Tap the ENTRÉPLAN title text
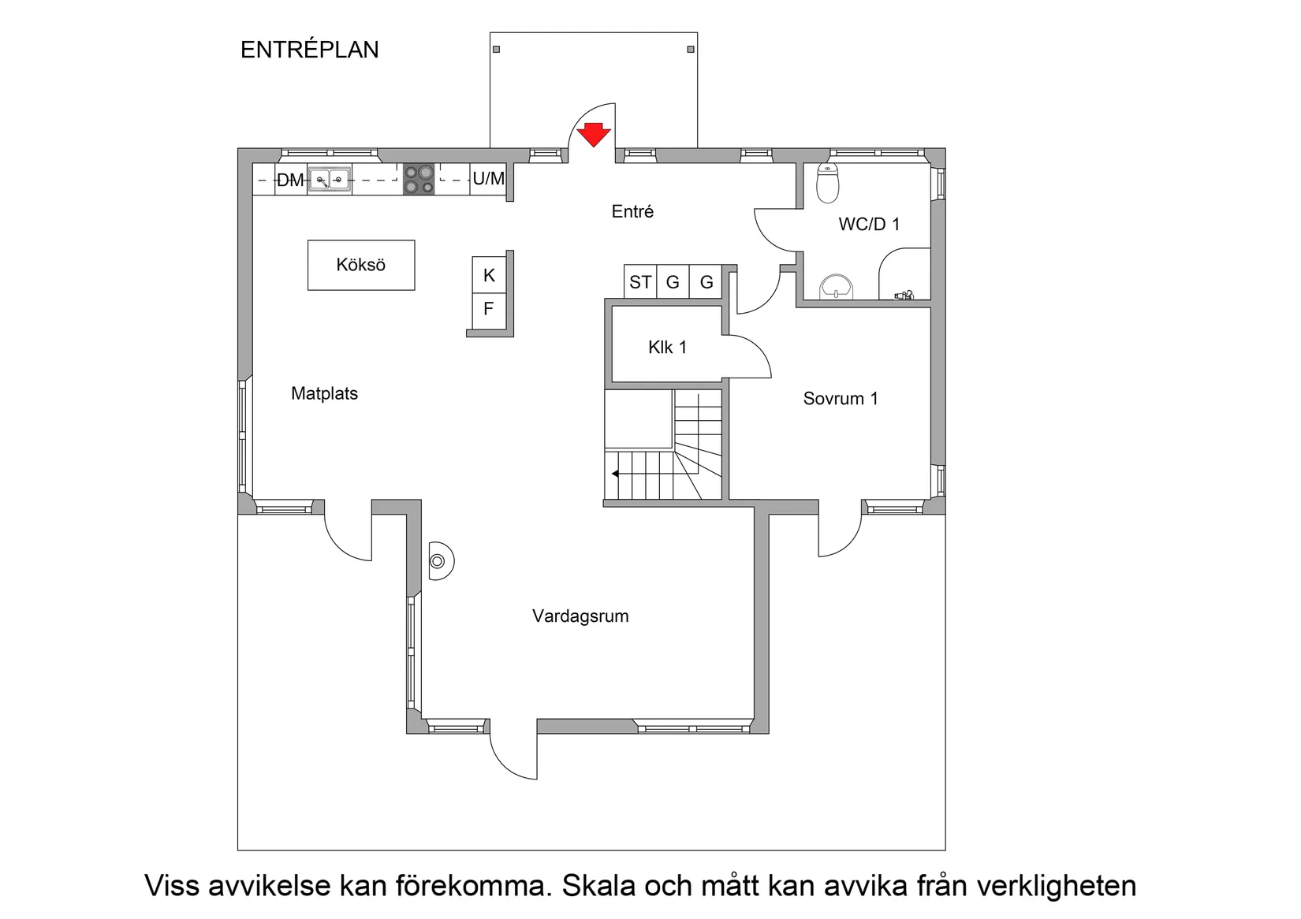[x=309, y=50]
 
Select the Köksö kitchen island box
[x=361, y=265]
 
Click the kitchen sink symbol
[x=330, y=180]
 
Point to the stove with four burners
[x=419, y=179]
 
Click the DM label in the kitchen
[x=289, y=180]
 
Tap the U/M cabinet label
[x=488, y=179]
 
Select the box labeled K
[x=489, y=275]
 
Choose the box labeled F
[x=489, y=309]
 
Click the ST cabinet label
[x=640, y=282]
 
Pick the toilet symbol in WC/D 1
[x=827, y=183]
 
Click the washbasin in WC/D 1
[x=836, y=287]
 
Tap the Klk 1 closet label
[x=667, y=347]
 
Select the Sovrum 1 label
[x=840, y=399]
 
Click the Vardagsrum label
[x=580, y=616]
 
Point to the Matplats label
[x=324, y=393]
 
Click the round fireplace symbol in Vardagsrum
[x=438, y=561]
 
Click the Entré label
[x=632, y=211]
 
